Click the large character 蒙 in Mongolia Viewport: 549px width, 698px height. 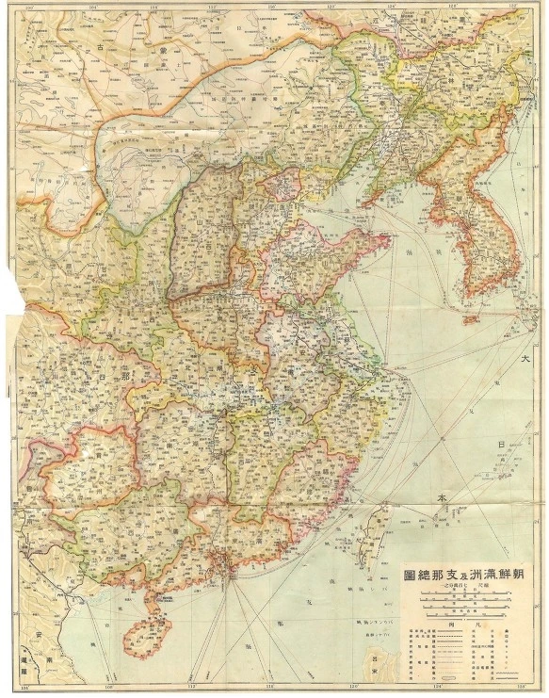pos(163,48)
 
